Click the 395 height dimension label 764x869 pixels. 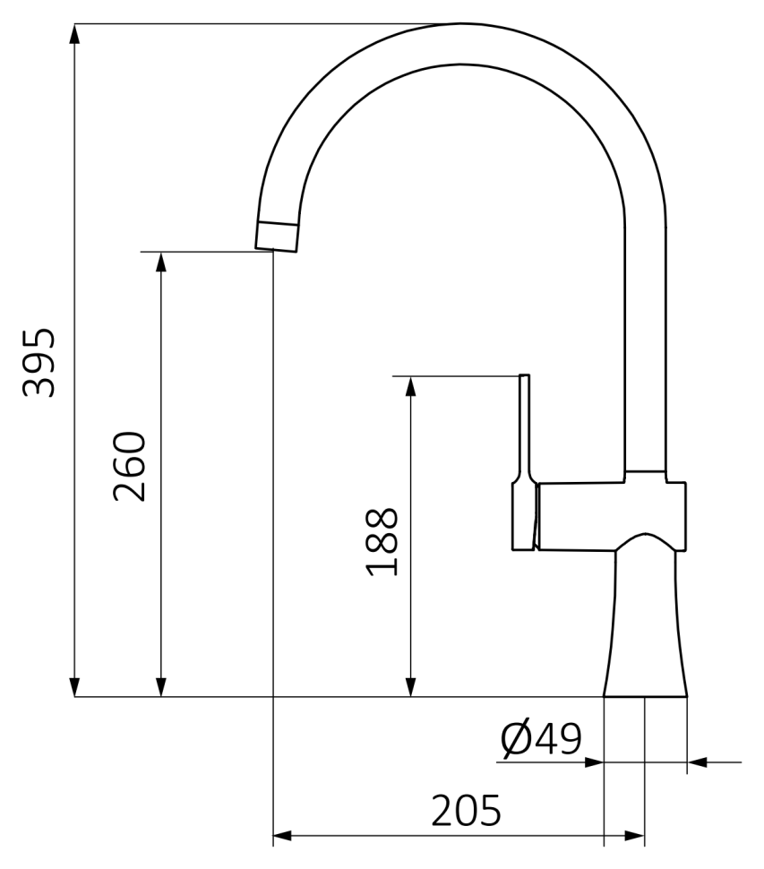(39, 363)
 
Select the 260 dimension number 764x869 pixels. (130, 466)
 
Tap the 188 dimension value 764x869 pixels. (382, 541)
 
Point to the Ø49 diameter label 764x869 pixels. (541, 738)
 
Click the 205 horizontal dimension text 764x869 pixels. (466, 811)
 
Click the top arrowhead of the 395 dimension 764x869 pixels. (75, 33)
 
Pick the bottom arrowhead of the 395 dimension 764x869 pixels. (75, 687)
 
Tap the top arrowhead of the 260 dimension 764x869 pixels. (161, 262)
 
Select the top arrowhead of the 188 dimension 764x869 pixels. (410, 386)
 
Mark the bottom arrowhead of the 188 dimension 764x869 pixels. (410, 687)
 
